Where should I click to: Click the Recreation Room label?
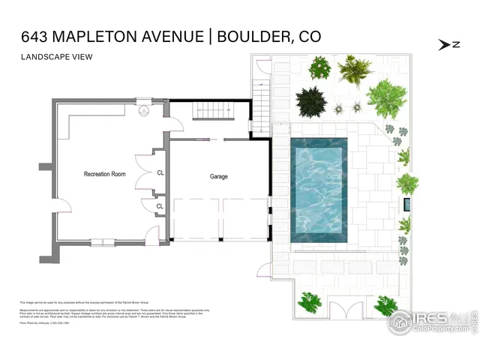[x=104, y=174]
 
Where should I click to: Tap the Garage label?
[x=218, y=177]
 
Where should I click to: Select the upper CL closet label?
[x=160, y=172]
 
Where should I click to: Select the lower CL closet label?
[x=160, y=206]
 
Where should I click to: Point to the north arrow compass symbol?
[x=448, y=44]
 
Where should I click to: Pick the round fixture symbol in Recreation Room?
[x=145, y=111]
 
